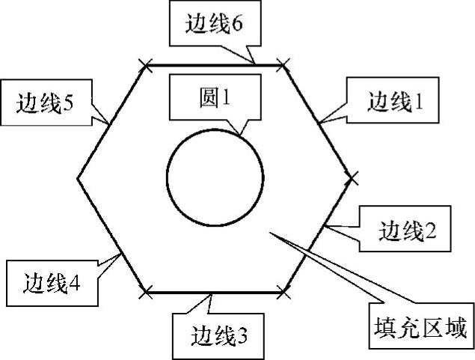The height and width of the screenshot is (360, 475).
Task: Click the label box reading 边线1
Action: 392,100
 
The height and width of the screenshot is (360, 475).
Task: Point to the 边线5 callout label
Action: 44,100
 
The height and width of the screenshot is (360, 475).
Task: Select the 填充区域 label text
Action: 420,328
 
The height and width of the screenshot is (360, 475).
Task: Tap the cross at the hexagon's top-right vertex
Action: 283,66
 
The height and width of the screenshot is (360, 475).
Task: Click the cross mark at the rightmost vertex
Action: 352,177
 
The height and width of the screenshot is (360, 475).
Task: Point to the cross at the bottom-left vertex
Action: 146,289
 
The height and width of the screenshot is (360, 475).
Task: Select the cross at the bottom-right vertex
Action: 284,289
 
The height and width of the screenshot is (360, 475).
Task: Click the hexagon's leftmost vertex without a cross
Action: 78,178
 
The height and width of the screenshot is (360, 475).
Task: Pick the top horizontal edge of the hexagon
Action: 214,66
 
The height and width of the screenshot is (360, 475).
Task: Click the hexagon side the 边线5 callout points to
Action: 111,123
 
